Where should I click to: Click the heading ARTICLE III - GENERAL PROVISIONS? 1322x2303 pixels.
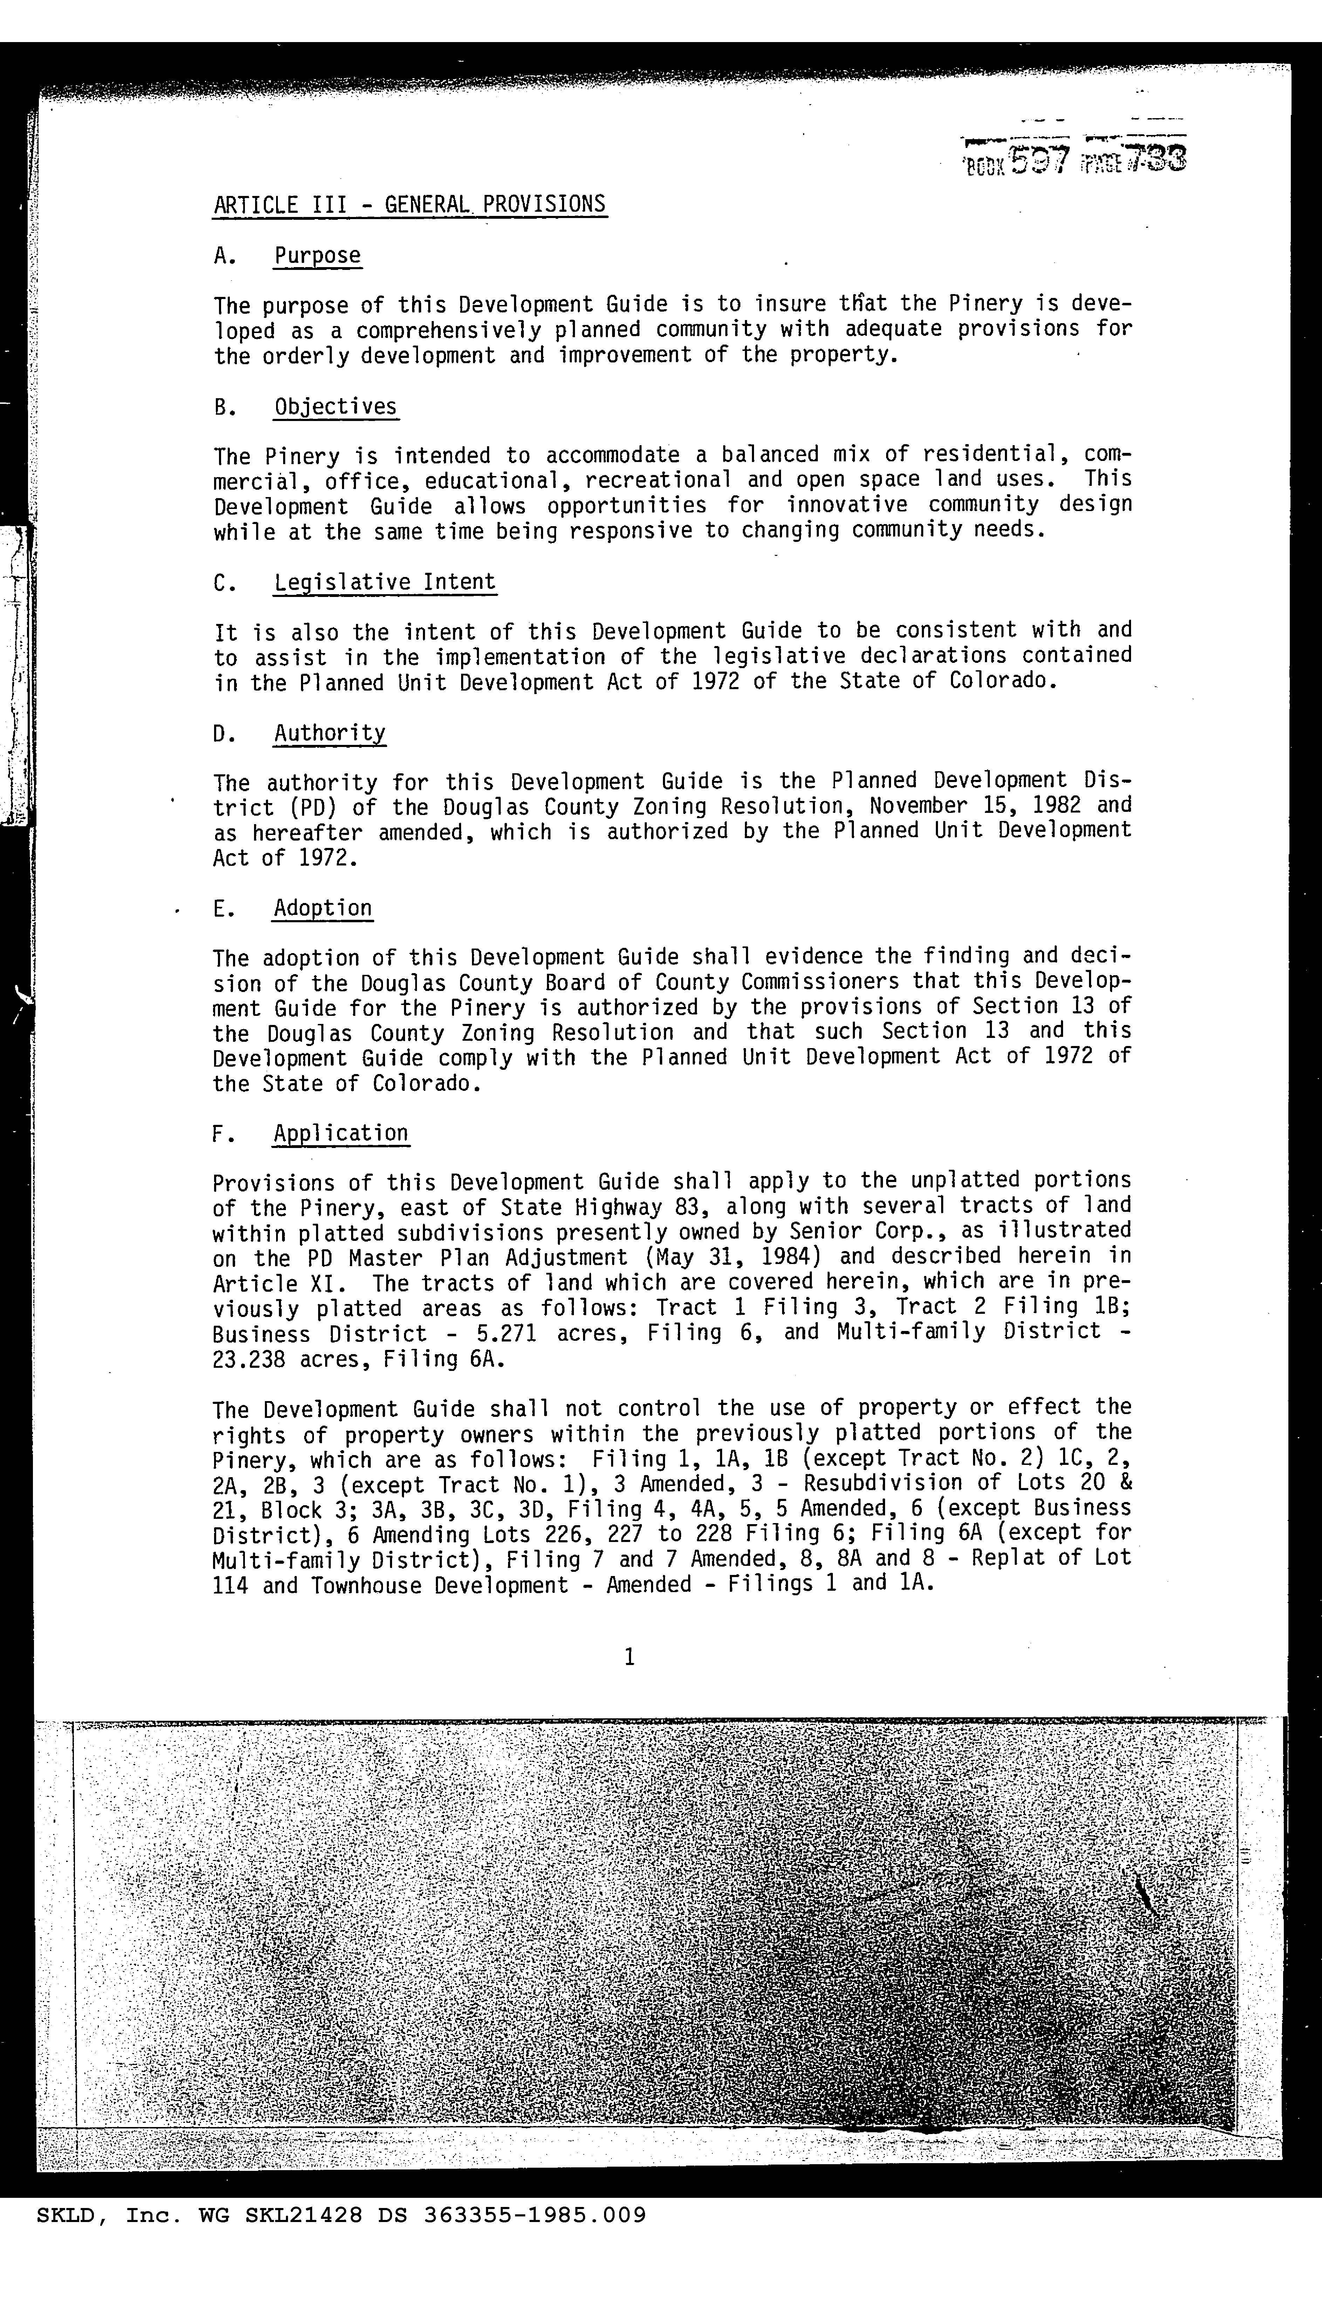[x=410, y=204]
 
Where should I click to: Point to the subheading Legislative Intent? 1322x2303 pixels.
[x=385, y=582]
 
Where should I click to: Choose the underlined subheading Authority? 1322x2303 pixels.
[x=330, y=733]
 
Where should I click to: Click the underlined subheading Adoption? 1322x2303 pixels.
[x=322, y=908]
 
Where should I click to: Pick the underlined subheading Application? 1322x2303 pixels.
[x=341, y=1133]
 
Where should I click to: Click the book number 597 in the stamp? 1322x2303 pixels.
[x=1041, y=161]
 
